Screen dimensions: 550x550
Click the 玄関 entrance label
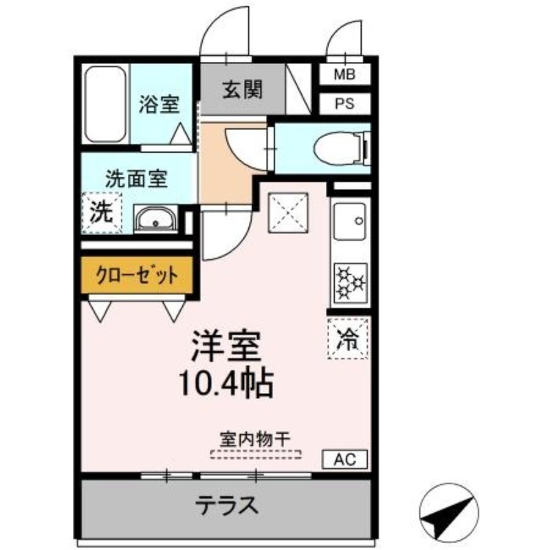click(x=241, y=90)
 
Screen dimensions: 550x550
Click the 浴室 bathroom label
click(x=159, y=104)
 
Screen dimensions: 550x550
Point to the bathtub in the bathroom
click(x=105, y=104)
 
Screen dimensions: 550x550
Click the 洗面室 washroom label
click(x=136, y=180)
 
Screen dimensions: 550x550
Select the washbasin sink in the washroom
click(x=155, y=220)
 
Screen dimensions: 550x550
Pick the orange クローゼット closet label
click(x=137, y=276)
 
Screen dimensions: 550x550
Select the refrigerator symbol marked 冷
click(x=349, y=338)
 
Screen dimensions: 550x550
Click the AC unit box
click(x=345, y=459)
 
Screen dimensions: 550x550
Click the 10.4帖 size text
click(x=227, y=384)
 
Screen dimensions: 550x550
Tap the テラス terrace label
click(x=227, y=506)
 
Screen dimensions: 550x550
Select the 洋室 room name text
click(x=227, y=347)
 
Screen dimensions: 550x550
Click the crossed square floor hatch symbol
click(x=288, y=211)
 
